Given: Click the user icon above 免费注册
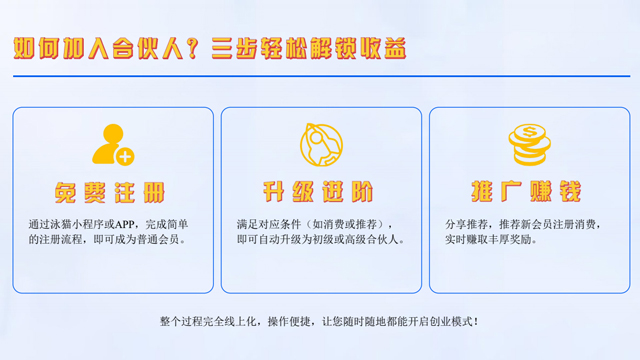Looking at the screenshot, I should point(111,144).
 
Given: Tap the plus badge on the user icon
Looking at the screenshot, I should point(124,156).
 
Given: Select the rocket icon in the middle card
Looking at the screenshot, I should point(319,143).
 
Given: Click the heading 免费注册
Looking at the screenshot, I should point(112,191).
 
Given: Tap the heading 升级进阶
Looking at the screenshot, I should point(319,191).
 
